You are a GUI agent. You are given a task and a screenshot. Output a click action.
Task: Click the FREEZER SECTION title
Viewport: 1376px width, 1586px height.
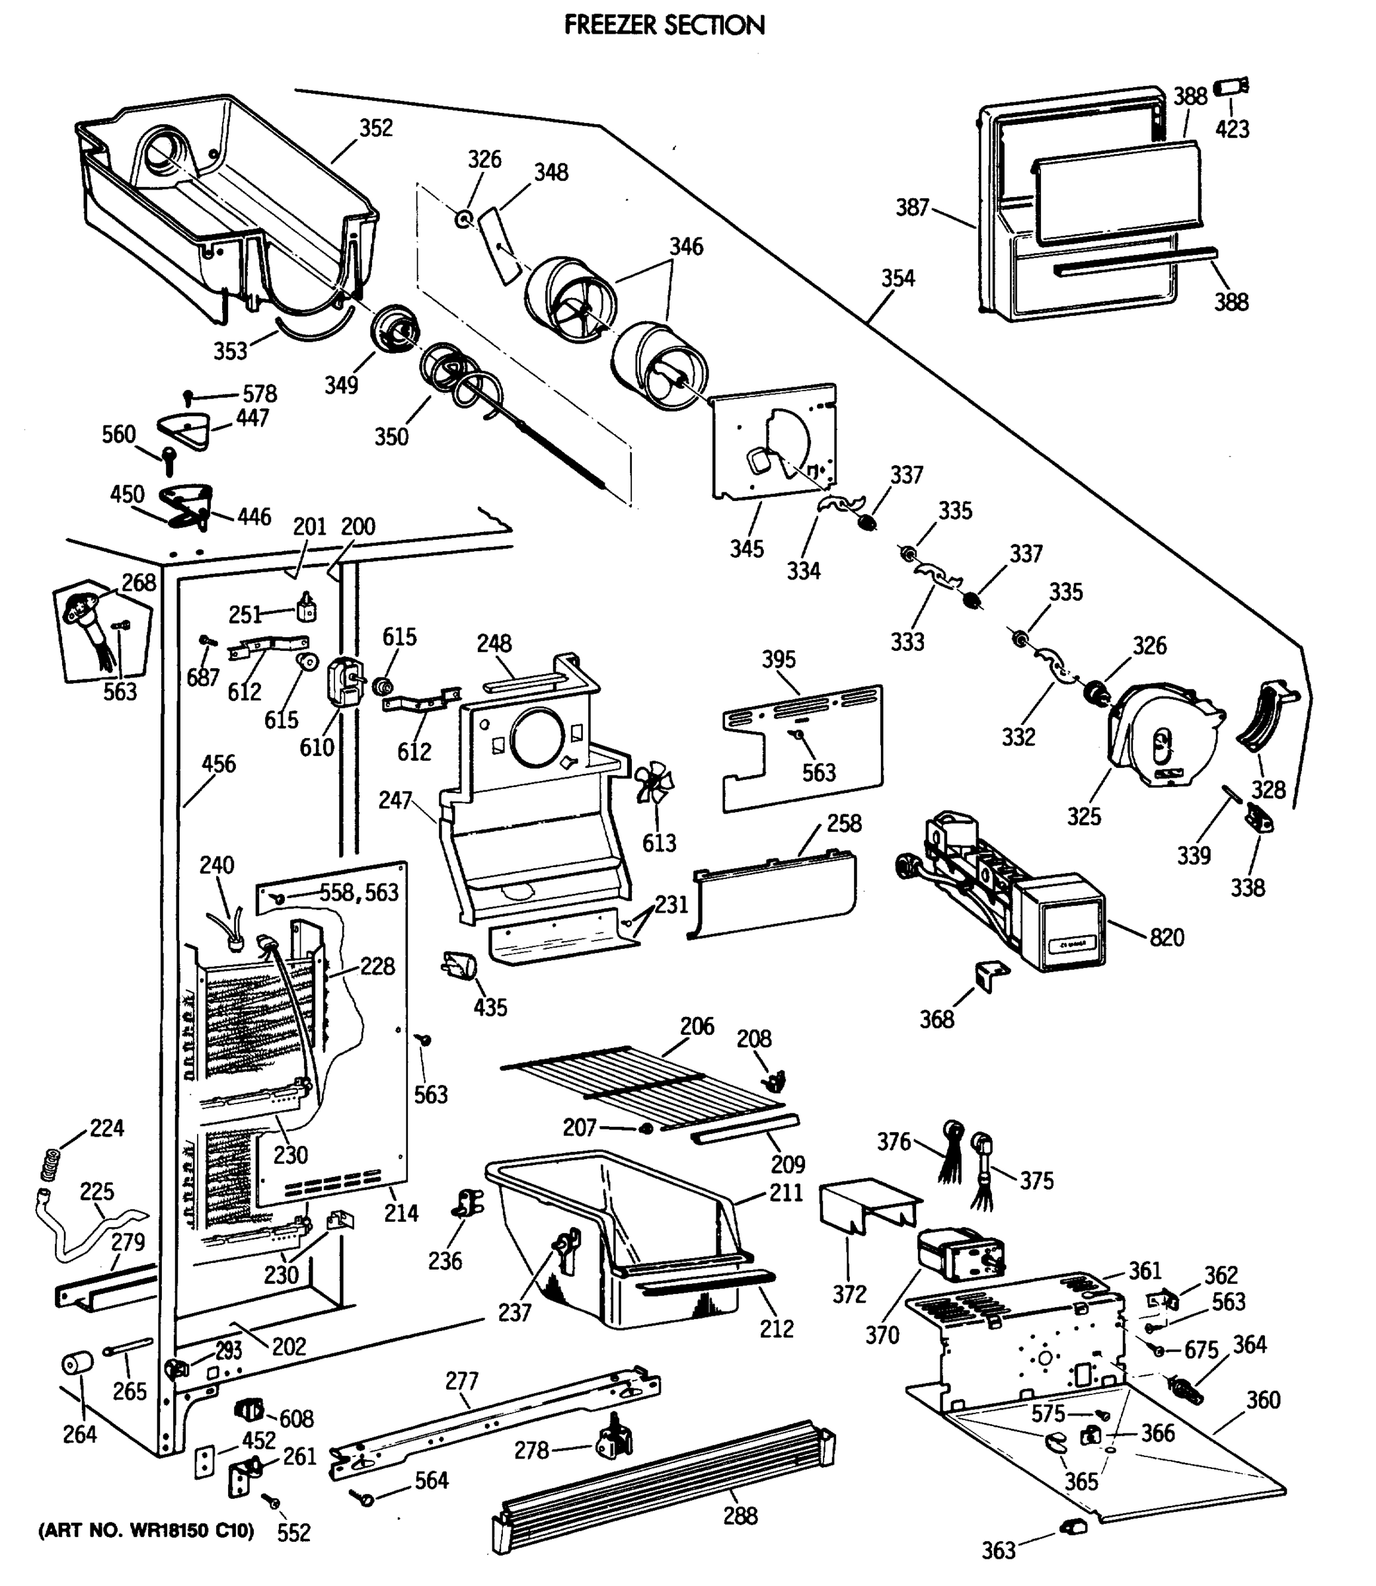664,25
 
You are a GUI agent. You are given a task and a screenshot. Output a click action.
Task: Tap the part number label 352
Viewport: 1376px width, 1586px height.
376,128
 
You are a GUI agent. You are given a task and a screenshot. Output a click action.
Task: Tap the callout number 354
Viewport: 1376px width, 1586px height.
898,278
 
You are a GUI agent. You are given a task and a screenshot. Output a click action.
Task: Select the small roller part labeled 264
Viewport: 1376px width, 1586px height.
76,1364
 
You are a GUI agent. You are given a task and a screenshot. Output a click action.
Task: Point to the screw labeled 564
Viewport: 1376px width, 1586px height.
365,1497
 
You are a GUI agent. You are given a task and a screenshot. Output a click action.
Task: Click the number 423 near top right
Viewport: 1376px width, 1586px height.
1232,129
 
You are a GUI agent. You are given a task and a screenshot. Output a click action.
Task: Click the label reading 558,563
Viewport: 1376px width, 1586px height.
360,892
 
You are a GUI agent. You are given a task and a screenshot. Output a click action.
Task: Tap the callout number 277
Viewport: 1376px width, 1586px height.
461,1381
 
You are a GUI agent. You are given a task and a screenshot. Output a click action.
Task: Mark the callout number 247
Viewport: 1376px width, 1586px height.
395,801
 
